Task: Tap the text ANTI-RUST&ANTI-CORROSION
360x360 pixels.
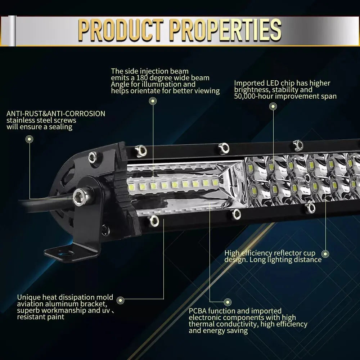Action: pyautogui.click(x=56, y=114)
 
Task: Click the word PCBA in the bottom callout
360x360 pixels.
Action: pyautogui.click(x=198, y=311)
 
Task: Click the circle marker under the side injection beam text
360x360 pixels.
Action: pyautogui.click(x=153, y=101)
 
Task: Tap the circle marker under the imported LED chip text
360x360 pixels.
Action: pyautogui.click(x=273, y=106)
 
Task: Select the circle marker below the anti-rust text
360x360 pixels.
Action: pyautogui.click(x=30, y=139)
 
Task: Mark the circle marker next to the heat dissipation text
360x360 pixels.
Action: pyautogui.click(x=121, y=300)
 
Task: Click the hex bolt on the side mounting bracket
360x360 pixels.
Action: pyautogui.click(x=78, y=197)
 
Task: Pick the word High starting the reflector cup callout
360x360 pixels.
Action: pyautogui.click(x=232, y=253)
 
